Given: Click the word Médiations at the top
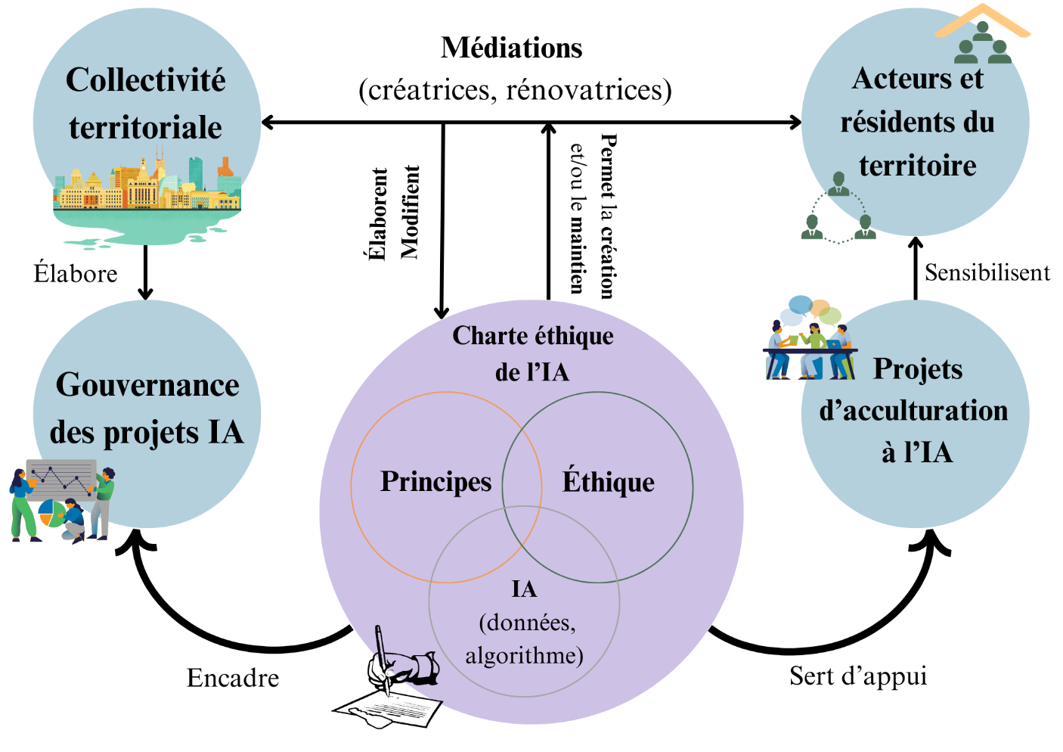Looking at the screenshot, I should click(x=512, y=48).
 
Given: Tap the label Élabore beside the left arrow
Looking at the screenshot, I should click(x=76, y=273).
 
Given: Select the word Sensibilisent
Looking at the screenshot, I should click(x=987, y=272).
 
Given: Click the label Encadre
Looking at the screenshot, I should click(x=233, y=678).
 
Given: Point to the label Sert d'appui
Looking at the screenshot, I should click(x=858, y=676).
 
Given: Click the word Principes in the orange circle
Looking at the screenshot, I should click(x=435, y=482).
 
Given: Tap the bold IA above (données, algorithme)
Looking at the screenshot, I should click(x=524, y=589).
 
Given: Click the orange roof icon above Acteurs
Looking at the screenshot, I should click(x=982, y=20).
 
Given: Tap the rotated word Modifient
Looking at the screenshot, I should click(x=410, y=213).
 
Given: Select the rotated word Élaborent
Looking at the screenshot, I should click(x=377, y=214).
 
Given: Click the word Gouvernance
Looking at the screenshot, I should click(x=147, y=385).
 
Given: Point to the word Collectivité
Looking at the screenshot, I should click(x=146, y=80).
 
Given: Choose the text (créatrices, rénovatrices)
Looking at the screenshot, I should click(x=515, y=90).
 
